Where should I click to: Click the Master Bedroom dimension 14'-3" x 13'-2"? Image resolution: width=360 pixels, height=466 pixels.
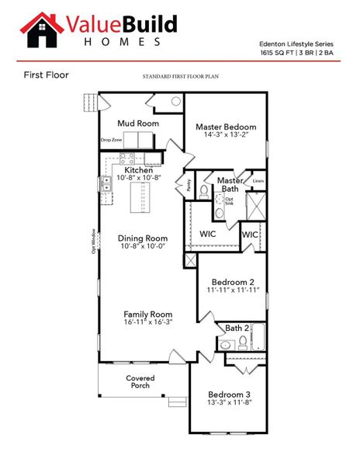225,135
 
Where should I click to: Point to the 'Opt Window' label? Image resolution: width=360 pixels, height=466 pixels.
93,242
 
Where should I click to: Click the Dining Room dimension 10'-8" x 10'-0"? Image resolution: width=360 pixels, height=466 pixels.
143,247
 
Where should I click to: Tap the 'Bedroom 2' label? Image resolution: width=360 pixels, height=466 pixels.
232,281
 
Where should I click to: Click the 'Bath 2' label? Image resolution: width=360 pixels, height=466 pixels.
237,329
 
